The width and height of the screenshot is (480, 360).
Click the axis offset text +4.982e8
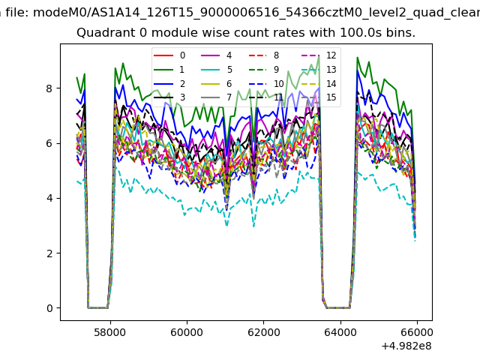click(x=406, y=346)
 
